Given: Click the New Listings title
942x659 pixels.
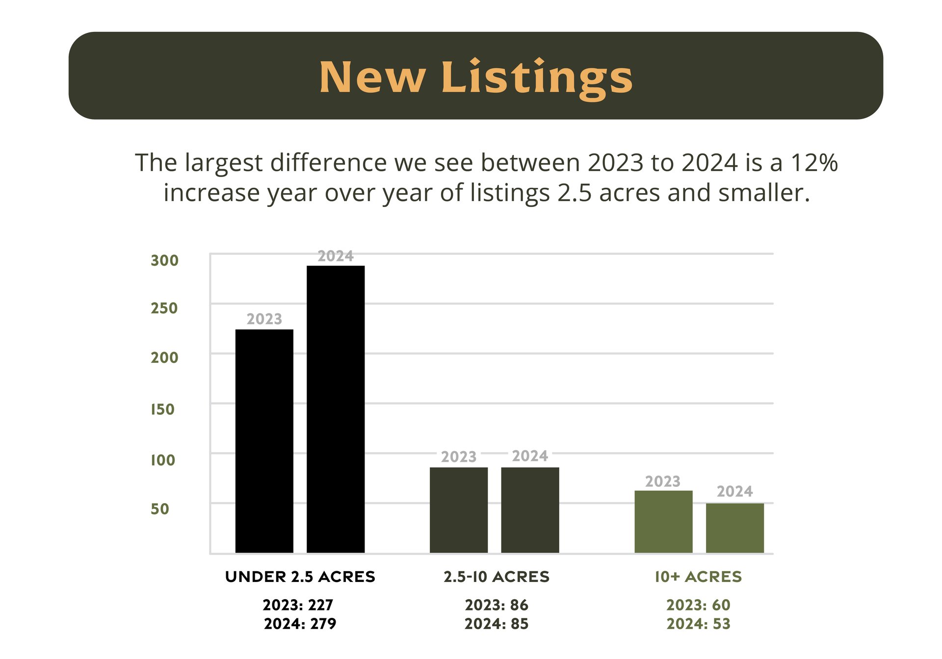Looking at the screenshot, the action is pyautogui.click(x=476, y=77).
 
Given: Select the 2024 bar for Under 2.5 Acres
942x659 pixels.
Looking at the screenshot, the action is pyautogui.click(x=336, y=409).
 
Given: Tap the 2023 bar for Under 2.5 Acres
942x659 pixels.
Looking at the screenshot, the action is pyautogui.click(x=264, y=441).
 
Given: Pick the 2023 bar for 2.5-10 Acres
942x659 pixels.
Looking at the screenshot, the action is pyautogui.click(x=459, y=510).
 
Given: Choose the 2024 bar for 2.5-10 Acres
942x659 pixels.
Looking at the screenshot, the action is pyautogui.click(x=530, y=510).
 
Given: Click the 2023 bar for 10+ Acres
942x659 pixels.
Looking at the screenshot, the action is pyautogui.click(x=663, y=522).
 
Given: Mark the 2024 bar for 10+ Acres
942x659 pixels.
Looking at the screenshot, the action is pyautogui.click(x=735, y=528).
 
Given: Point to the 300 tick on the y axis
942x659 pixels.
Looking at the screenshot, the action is pyautogui.click(x=164, y=260).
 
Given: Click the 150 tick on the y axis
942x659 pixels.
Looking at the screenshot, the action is pyautogui.click(x=162, y=409).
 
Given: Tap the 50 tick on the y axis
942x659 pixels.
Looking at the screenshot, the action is pyautogui.click(x=160, y=508).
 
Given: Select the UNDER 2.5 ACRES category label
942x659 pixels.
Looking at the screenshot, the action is pyautogui.click(x=300, y=577).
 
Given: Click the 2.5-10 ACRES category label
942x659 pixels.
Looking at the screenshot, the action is pyautogui.click(x=497, y=577).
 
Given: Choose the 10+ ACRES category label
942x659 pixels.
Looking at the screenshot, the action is pyautogui.click(x=698, y=577).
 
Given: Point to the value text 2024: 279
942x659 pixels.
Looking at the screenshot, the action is pyautogui.click(x=300, y=624).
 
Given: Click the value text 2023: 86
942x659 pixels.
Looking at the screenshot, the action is pyautogui.click(x=497, y=605).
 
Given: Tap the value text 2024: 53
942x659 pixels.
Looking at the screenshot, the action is pyautogui.click(x=698, y=624).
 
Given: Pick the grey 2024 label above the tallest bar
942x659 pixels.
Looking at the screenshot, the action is pyautogui.click(x=336, y=256).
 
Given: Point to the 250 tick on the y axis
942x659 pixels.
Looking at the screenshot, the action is pyautogui.click(x=164, y=308).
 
